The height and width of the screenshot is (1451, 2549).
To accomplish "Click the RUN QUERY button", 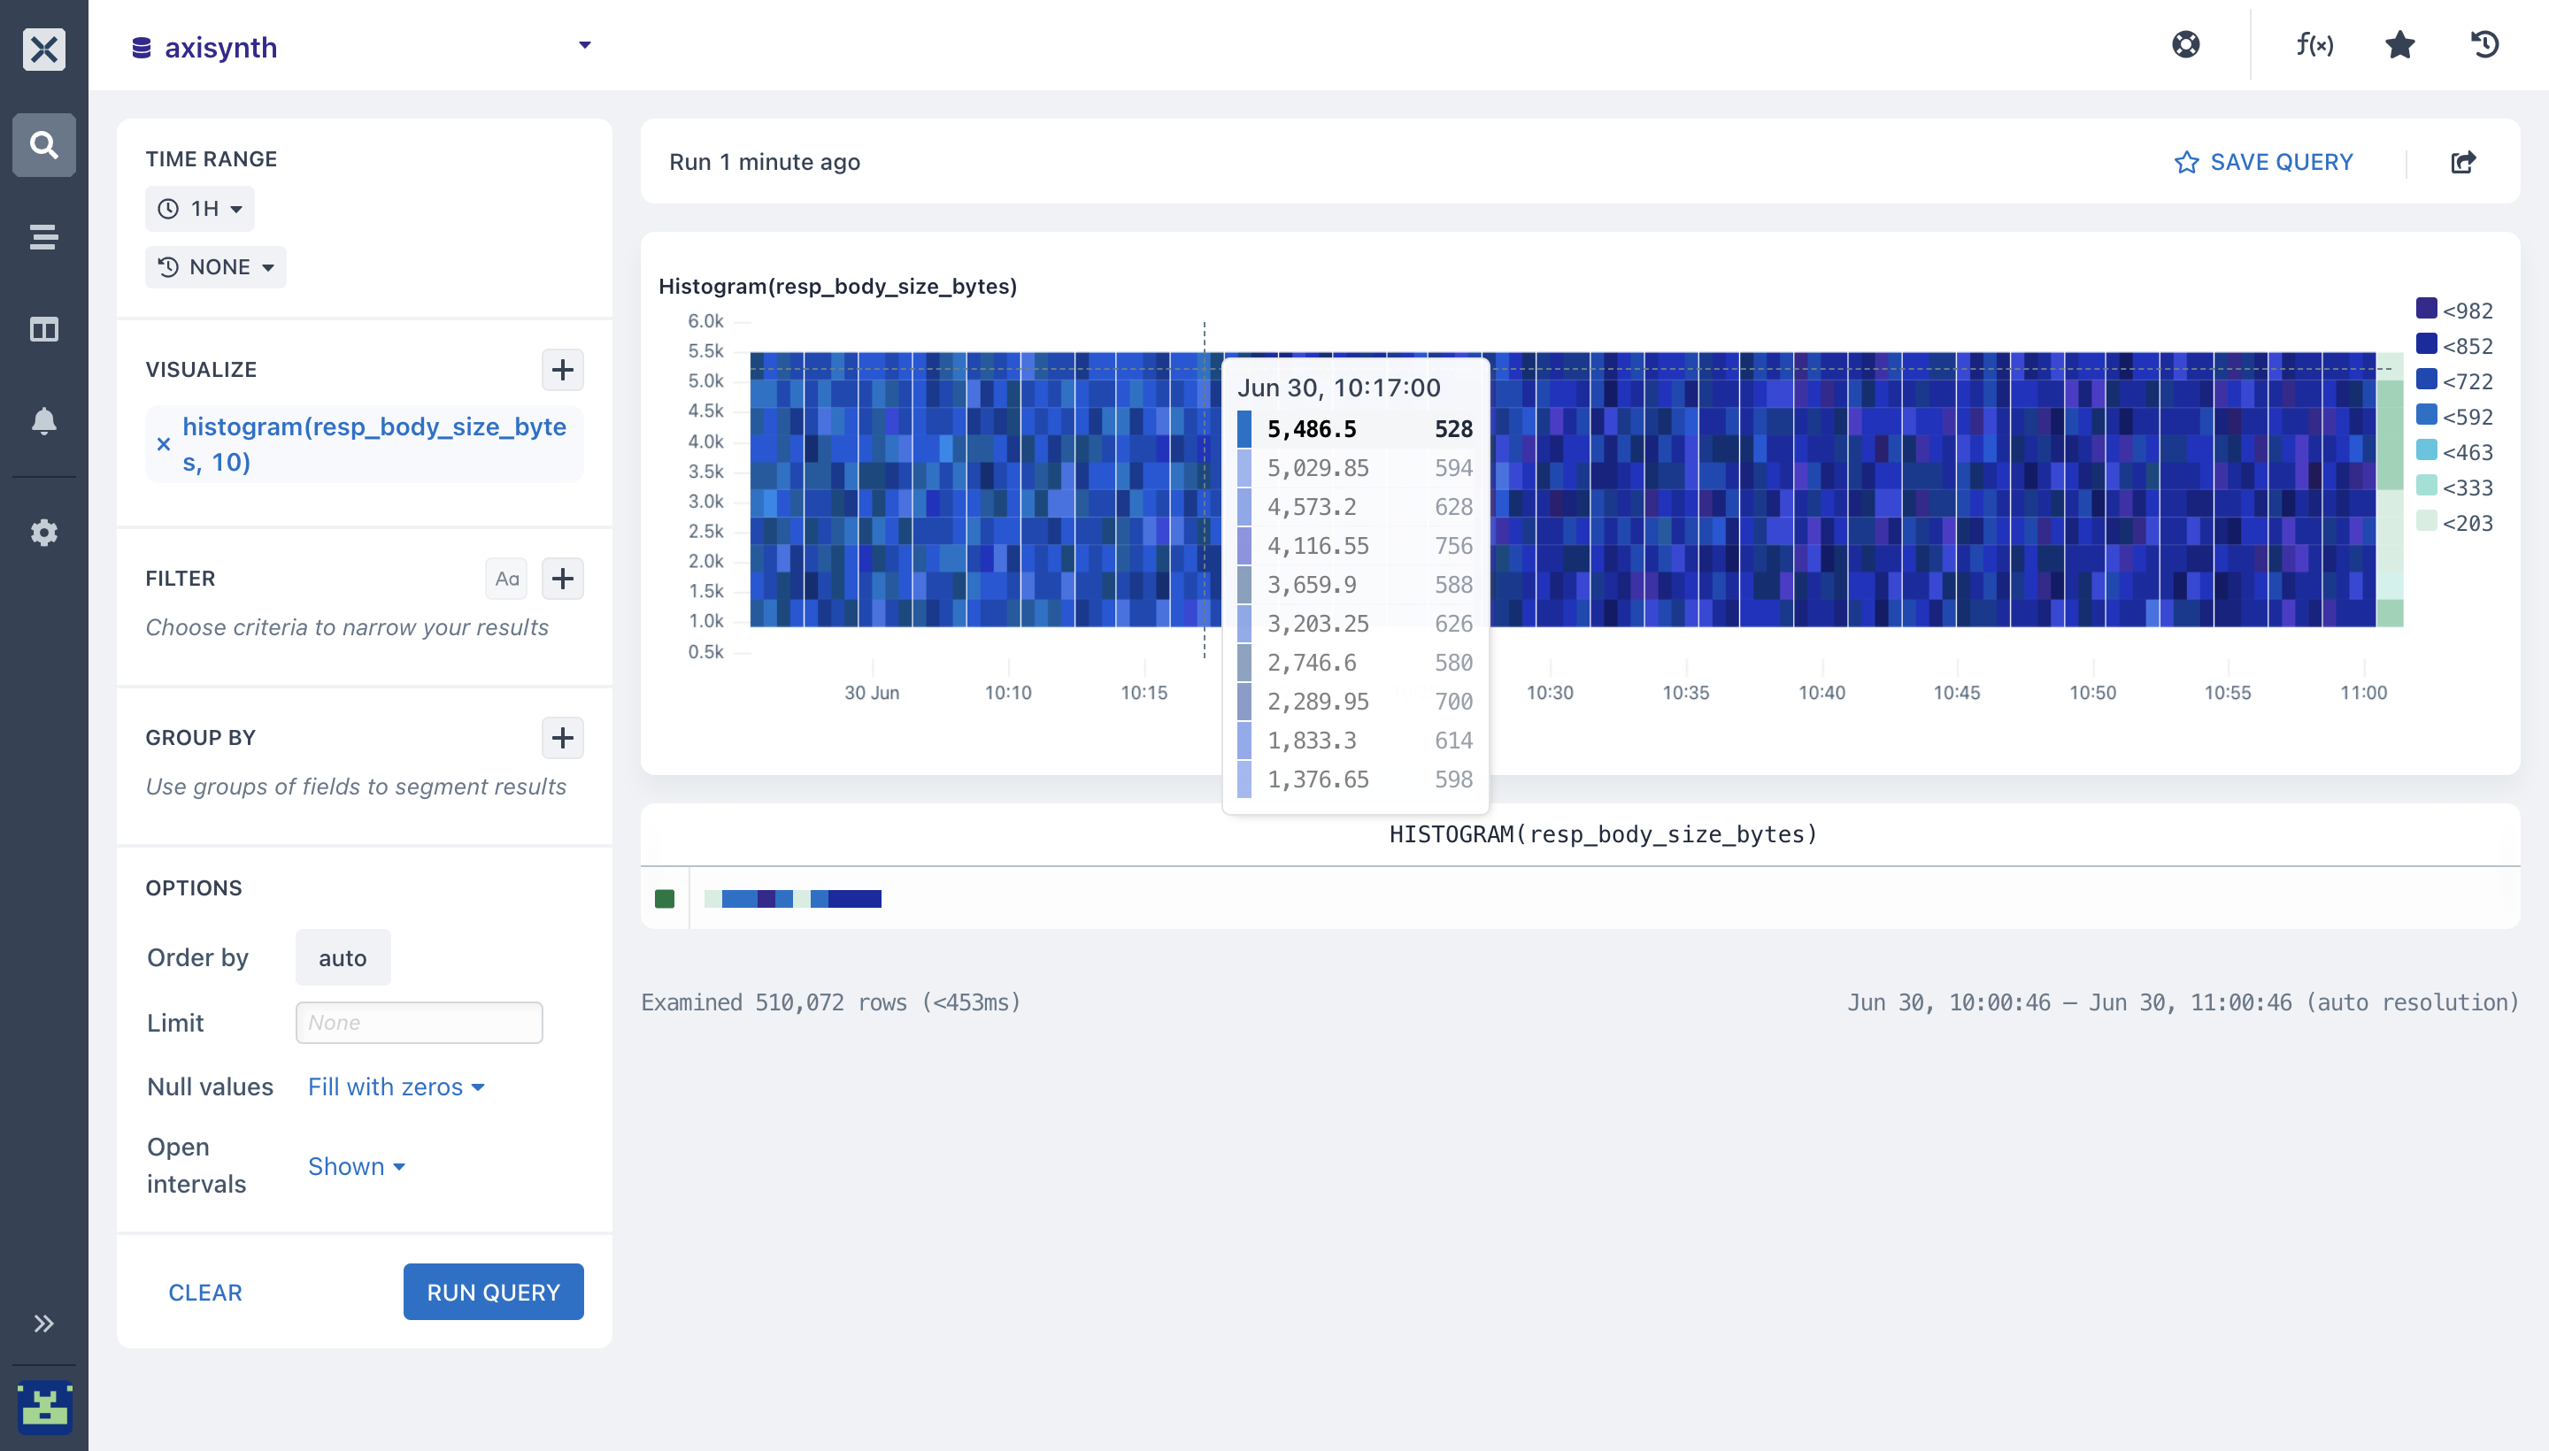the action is click(x=494, y=1292).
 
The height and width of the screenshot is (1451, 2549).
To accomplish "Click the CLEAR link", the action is click(x=205, y=1293).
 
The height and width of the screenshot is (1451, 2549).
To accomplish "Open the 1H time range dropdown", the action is click(x=199, y=208).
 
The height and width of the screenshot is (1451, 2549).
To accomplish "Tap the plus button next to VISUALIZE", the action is click(x=562, y=370).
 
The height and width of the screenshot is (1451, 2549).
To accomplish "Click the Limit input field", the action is click(x=419, y=1023).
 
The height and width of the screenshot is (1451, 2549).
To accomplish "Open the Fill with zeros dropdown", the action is click(x=396, y=1086).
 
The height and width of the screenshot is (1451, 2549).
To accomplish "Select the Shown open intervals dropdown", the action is click(x=356, y=1166).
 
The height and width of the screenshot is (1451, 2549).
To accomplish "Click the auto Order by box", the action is click(x=343, y=957).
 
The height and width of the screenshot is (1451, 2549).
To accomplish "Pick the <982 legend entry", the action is click(x=2454, y=310).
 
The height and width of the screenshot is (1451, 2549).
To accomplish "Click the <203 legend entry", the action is click(x=2454, y=522).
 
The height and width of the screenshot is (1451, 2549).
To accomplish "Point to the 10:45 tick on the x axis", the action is click(x=1957, y=692).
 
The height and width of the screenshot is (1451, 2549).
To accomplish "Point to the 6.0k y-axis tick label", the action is click(x=705, y=321).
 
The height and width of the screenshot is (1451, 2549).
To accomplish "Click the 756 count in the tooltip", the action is click(x=1453, y=545).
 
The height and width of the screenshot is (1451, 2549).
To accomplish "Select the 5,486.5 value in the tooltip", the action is click(x=1312, y=428).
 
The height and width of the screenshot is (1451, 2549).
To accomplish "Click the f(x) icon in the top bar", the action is click(x=2314, y=45).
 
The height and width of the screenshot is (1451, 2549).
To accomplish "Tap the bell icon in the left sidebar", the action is click(x=44, y=420).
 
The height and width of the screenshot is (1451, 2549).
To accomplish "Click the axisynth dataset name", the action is click(x=220, y=47).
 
